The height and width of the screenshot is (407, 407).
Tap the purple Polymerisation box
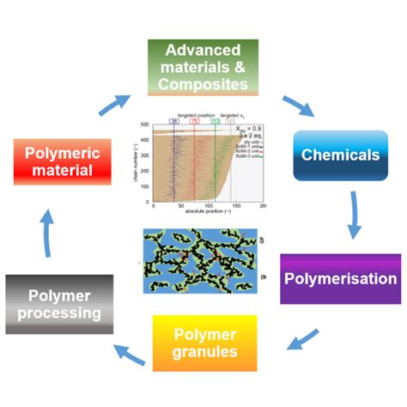point(340,278)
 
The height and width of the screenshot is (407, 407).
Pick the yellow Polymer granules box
point(205,343)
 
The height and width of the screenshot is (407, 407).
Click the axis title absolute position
point(208,213)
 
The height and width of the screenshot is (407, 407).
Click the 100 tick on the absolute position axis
point(208,206)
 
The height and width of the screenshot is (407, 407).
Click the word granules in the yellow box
point(205,352)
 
